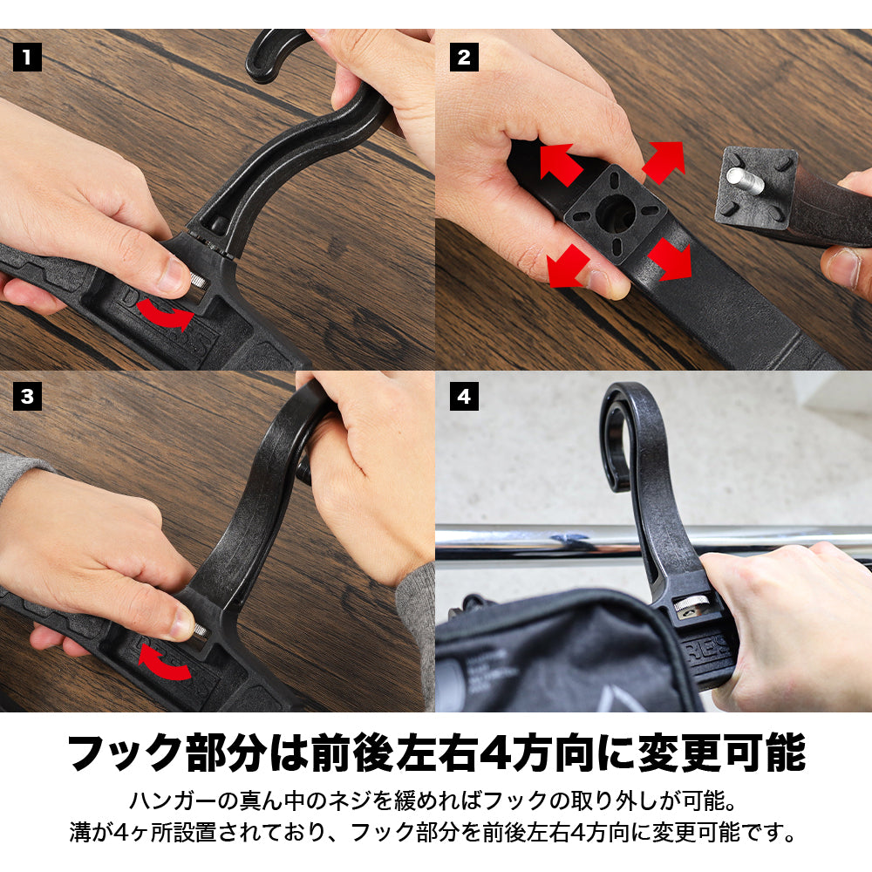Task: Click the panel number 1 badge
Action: click(x=27, y=58)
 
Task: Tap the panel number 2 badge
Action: click(x=464, y=58)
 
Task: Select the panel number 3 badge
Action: click(x=27, y=397)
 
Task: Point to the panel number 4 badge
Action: click(x=464, y=397)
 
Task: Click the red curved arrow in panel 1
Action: click(x=164, y=316)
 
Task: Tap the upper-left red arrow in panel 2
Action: click(x=561, y=164)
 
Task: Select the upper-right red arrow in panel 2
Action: click(x=663, y=162)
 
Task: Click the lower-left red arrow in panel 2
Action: click(x=568, y=266)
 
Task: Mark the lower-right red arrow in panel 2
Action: click(x=670, y=259)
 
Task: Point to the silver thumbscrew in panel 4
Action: click(x=691, y=603)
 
